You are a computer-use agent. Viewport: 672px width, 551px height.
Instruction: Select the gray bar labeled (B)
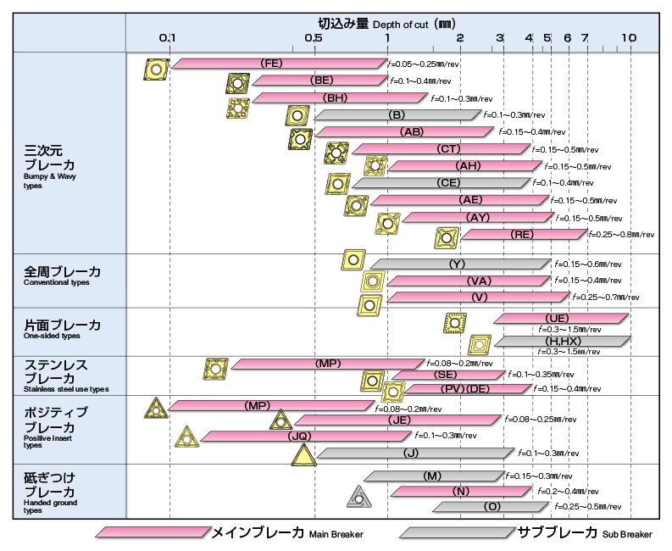(x=397, y=114)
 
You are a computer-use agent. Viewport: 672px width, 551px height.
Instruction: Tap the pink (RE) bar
(x=523, y=234)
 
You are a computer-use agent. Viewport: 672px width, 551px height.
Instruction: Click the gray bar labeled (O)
(x=492, y=507)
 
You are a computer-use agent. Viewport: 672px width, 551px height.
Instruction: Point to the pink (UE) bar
(x=562, y=318)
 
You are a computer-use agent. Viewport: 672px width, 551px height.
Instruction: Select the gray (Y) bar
(x=458, y=264)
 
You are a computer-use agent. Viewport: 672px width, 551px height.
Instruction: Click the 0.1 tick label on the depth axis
(x=168, y=38)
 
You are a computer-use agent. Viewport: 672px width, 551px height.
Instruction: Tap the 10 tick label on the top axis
(x=629, y=38)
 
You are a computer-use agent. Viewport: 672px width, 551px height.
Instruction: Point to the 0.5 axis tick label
(x=313, y=38)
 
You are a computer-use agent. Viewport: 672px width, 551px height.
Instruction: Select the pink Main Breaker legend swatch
(x=153, y=532)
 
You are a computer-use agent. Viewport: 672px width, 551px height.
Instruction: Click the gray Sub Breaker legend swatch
(x=456, y=532)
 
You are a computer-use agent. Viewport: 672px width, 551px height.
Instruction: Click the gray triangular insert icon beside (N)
(x=359, y=496)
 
